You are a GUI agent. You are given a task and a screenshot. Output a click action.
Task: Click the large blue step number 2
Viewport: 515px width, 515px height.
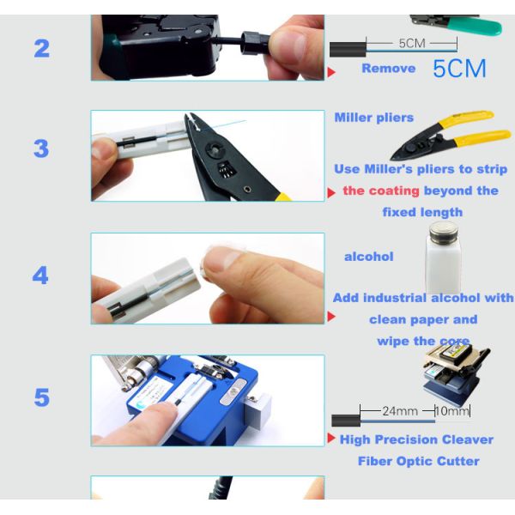(x=42, y=49)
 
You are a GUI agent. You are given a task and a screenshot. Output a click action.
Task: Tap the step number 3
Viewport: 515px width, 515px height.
(x=41, y=148)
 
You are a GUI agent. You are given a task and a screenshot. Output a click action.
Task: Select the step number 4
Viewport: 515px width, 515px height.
(x=40, y=276)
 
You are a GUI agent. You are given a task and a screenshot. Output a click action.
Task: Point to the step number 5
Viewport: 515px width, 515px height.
(x=42, y=397)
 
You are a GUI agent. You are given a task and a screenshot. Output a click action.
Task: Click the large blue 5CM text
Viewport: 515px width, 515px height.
(x=459, y=69)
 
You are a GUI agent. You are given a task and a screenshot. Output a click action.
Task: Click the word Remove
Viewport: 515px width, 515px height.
(x=389, y=69)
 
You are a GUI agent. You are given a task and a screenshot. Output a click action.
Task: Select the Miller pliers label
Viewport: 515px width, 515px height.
(x=373, y=118)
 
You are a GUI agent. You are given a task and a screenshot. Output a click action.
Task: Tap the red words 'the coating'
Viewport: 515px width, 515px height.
(x=381, y=191)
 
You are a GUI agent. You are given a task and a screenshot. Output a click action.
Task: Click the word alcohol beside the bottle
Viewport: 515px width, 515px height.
(x=368, y=257)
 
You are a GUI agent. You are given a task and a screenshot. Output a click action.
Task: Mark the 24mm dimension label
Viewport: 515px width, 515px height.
(x=400, y=411)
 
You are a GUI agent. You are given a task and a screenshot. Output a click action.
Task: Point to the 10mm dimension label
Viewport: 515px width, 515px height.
(x=453, y=411)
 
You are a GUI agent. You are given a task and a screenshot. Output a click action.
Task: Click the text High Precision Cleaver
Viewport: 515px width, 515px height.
(x=416, y=439)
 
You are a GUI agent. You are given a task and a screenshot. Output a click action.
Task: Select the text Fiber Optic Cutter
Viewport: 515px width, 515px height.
(x=419, y=461)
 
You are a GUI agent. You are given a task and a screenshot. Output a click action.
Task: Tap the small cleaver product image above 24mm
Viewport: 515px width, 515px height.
(x=456, y=373)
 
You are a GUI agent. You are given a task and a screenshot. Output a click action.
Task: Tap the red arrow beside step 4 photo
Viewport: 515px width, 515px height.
(x=331, y=317)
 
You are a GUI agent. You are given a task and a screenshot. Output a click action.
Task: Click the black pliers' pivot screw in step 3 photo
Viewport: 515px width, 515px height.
(x=214, y=149)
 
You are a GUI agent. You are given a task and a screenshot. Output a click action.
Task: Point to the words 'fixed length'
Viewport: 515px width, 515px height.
(x=422, y=212)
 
